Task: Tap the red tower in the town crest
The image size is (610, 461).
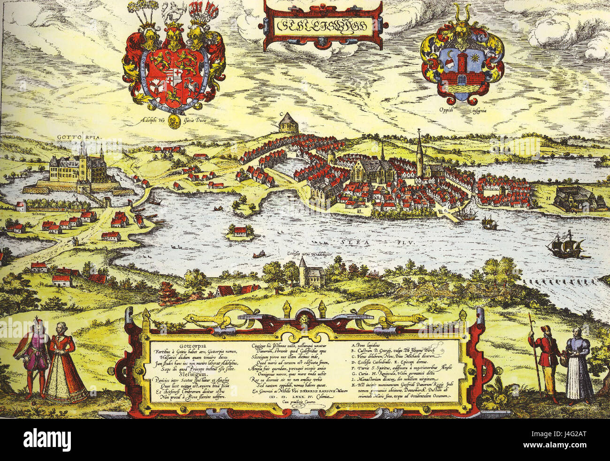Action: point(462,65)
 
